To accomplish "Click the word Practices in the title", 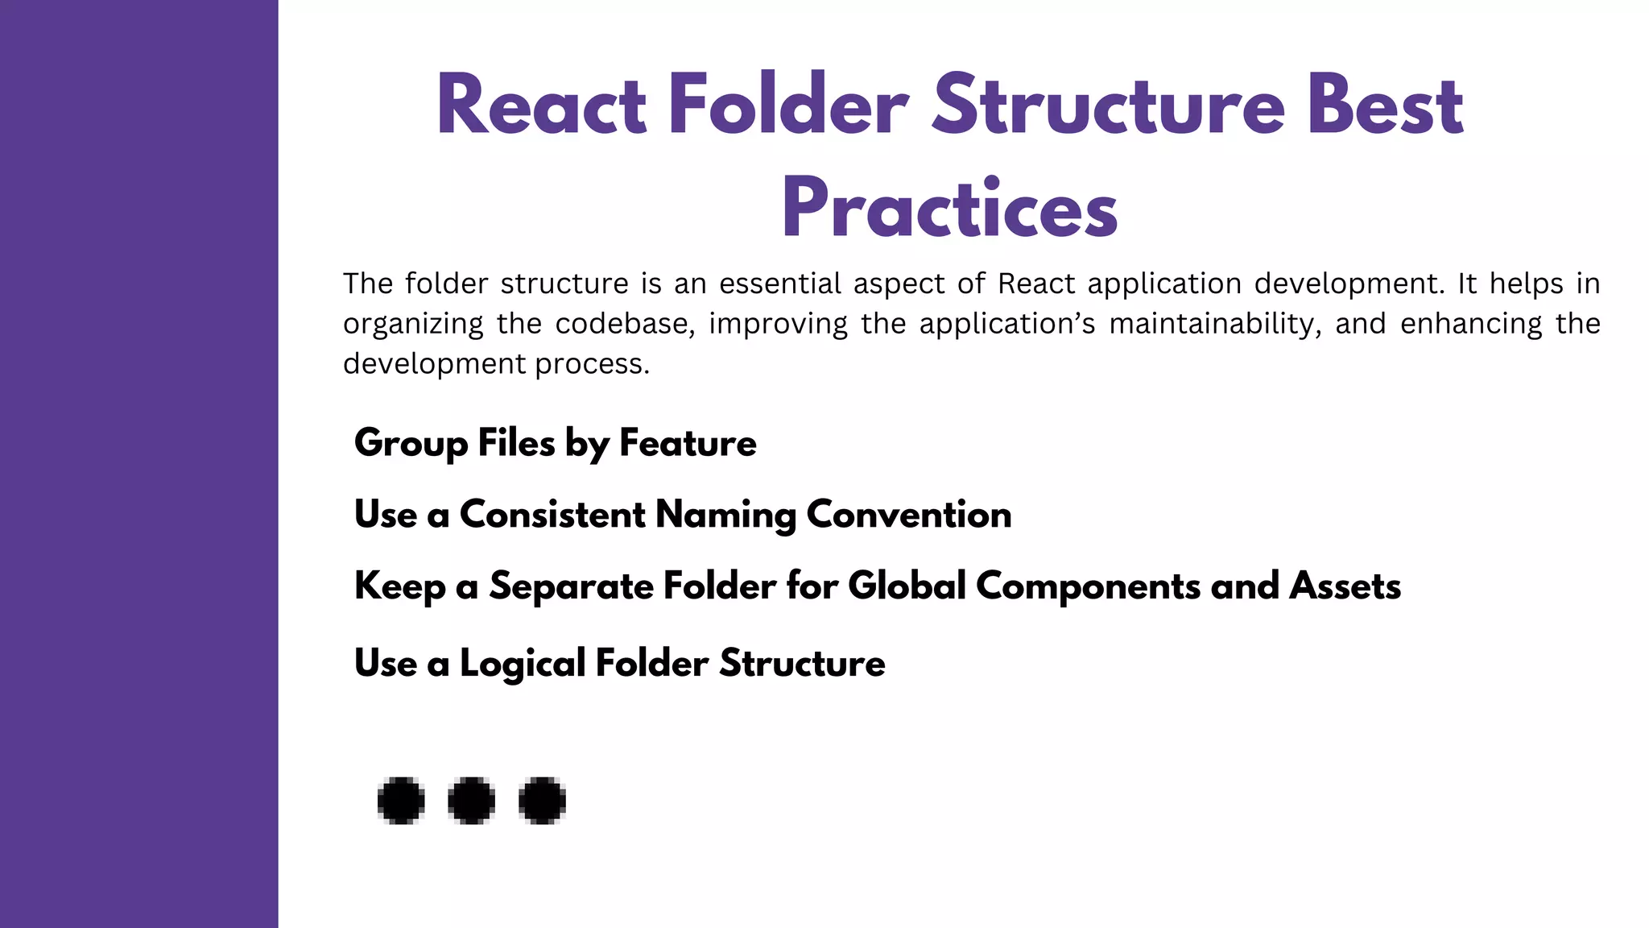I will click(x=949, y=209).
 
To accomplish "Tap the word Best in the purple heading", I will click(x=1385, y=106).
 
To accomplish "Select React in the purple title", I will click(x=541, y=106).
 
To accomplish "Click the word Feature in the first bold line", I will click(x=688, y=443).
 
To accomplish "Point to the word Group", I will click(x=411, y=444).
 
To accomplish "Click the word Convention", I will click(x=909, y=515).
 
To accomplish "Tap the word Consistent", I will click(x=552, y=515).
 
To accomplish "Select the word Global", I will click(x=907, y=586).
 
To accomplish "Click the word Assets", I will click(x=1345, y=586).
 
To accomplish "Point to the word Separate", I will click(x=571, y=586).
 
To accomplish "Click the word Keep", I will click(x=399, y=586).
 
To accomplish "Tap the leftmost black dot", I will click(x=401, y=801).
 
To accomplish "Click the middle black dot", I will click(x=471, y=801).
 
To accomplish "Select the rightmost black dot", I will click(x=542, y=801).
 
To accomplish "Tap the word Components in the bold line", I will click(x=1088, y=586).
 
